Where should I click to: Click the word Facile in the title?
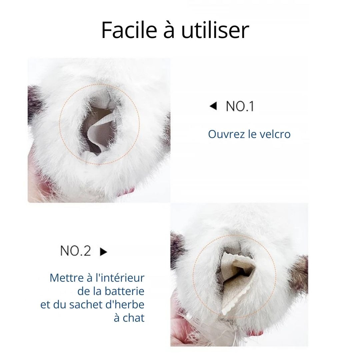[x=129, y=30]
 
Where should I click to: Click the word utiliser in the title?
[x=215, y=30]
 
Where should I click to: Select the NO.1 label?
[x=240, y=106]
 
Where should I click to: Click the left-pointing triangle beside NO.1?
[x=213, y=106]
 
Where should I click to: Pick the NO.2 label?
[x=76, y=251]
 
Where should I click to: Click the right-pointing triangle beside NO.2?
[x=104, y=252]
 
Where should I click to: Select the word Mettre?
[x=67, y=278]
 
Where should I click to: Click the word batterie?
[x=124, y=291]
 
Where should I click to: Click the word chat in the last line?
[x=133, y=318]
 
